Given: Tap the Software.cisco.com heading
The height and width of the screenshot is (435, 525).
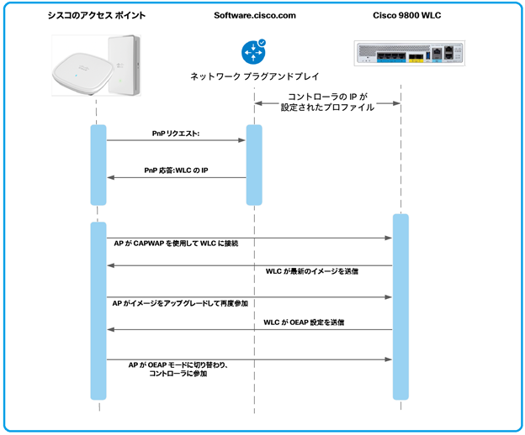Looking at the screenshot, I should click(254, 17).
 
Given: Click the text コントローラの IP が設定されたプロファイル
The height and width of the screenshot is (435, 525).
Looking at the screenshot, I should click(328, 102).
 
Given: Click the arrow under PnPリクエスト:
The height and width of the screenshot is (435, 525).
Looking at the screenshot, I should click(176, 141).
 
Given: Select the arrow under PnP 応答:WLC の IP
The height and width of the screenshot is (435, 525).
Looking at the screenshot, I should click(176, 177).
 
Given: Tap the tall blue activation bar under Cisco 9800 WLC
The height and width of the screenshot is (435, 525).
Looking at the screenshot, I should click(400, 307).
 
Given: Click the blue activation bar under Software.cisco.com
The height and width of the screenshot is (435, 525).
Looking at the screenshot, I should click(254, 165).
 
